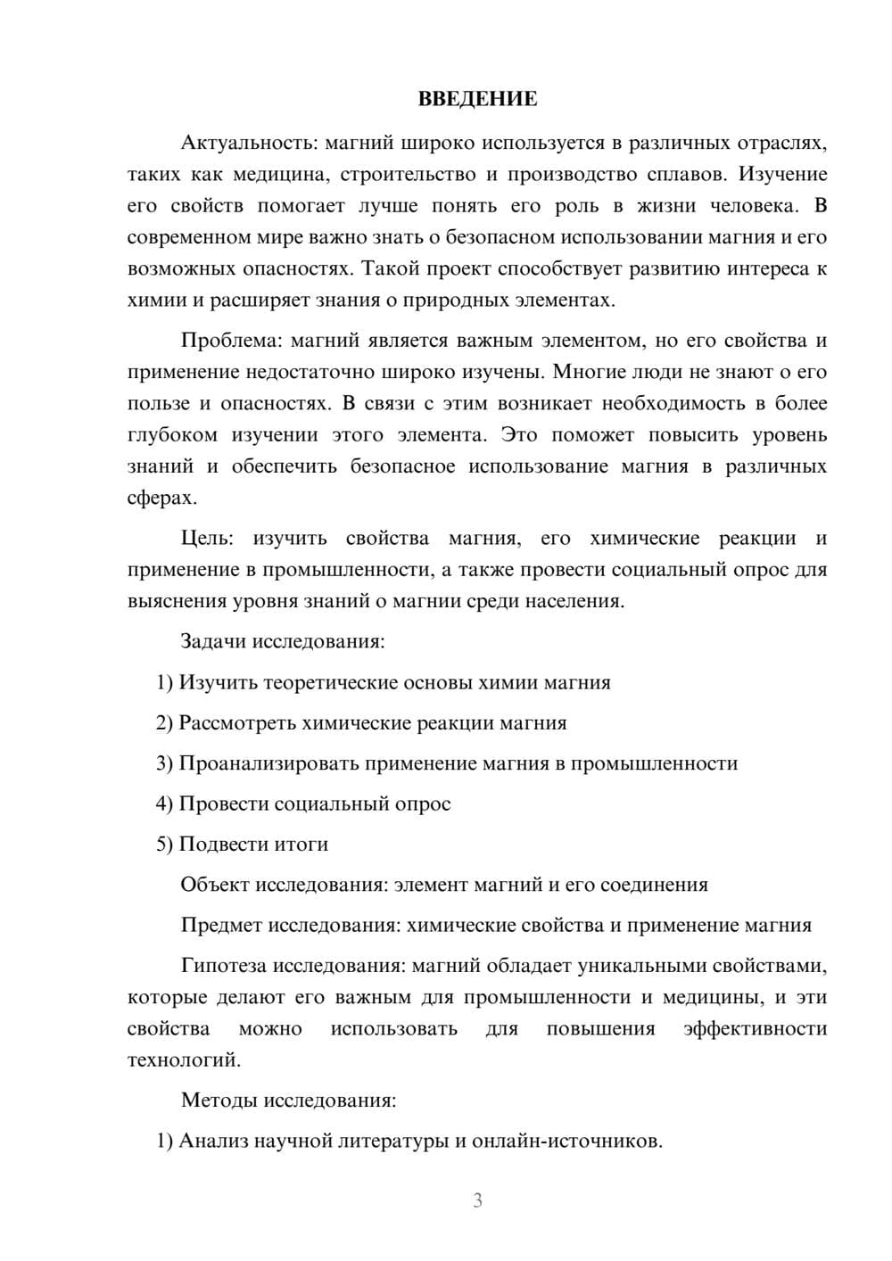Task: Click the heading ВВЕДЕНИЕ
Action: (477, 99)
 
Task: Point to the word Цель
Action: (206, 538)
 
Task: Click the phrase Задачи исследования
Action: (283, 641)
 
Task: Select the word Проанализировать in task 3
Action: (268, 763)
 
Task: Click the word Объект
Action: (215, 885)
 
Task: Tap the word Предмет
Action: (221, 925)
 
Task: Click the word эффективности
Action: (755, 1028)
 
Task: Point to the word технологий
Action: (183, 1060)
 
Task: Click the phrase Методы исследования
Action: (288, 1100)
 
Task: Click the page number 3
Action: (477, 1200)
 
